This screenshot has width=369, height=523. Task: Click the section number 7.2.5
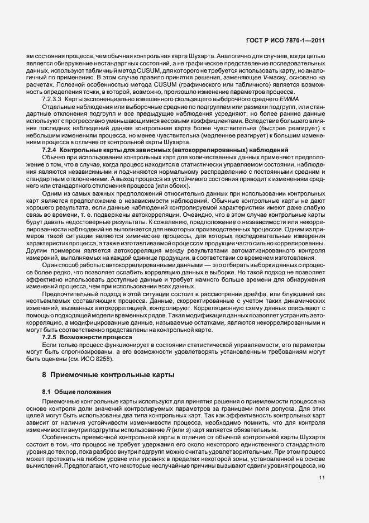click(x=50, y=337)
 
